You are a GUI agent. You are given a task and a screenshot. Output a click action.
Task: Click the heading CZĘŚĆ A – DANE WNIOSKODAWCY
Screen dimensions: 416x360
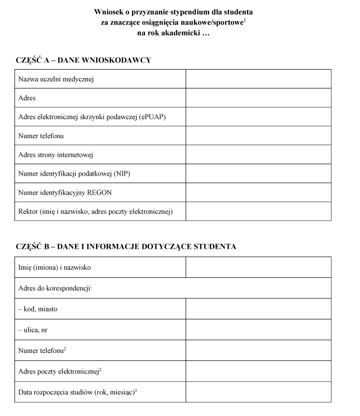[x=83, y=61]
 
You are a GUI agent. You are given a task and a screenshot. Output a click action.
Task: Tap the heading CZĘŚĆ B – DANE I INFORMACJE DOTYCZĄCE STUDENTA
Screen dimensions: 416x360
[x=126, y=247]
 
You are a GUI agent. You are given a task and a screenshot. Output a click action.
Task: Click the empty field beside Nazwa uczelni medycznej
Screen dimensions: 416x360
[x=258, y=79]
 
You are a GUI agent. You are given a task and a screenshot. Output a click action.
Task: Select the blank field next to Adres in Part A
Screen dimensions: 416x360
[x=258, y=98]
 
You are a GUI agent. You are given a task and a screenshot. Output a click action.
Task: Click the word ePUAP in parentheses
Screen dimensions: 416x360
[x=154, y=117]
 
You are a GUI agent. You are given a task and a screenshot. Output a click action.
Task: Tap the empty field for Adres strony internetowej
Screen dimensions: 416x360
[x=258, y=155]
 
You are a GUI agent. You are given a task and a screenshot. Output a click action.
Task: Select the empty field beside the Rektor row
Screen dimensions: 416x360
[x=258, y=211]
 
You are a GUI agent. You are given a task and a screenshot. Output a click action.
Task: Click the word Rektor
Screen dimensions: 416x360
[x=28, y=211]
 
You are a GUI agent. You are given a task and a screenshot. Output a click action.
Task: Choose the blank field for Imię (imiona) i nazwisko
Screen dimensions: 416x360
[x=258, y=267]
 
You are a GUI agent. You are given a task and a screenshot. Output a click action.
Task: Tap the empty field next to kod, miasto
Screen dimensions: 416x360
[x=258, y=309]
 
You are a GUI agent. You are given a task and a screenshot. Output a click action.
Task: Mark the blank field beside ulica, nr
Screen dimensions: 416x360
[x=258, y=330]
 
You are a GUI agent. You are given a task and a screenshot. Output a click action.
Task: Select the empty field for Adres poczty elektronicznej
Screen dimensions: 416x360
[x=258, y=371]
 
